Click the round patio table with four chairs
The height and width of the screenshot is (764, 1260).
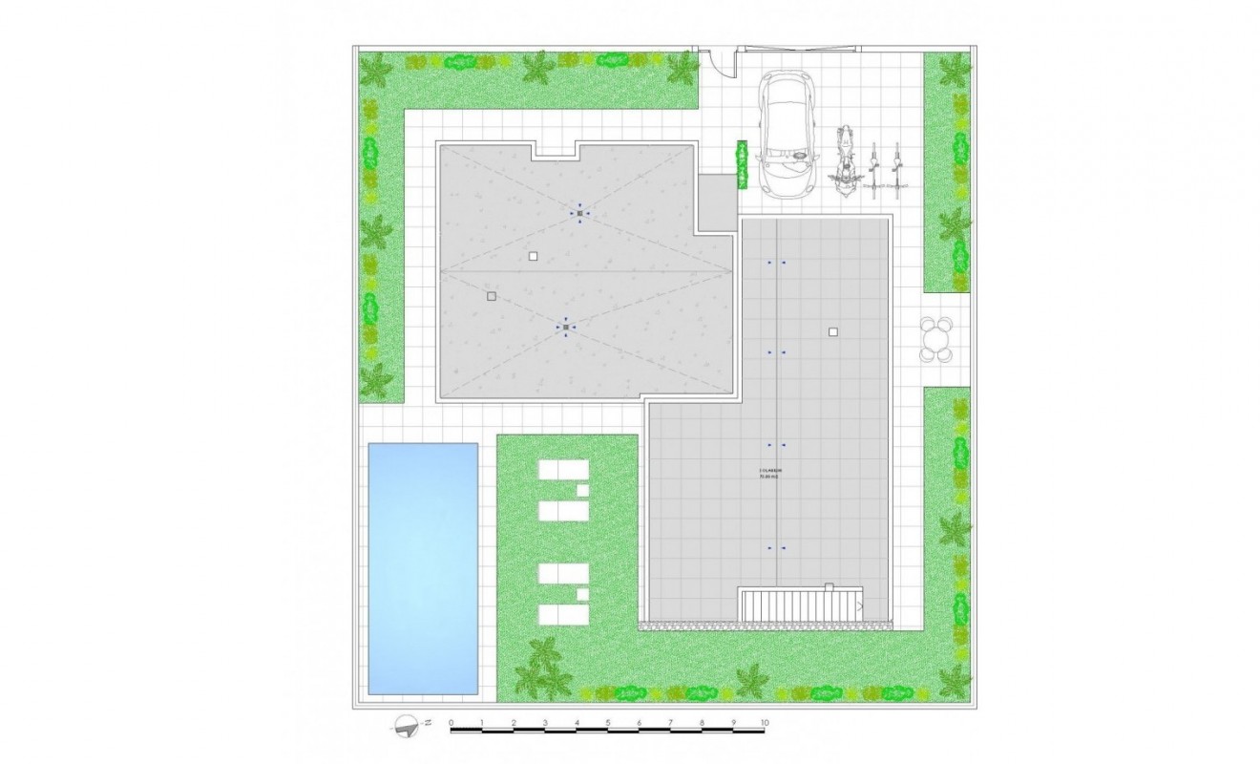coord(936,340)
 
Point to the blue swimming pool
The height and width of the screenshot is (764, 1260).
coord(424,568)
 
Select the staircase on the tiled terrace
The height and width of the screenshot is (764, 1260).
coord(800,605)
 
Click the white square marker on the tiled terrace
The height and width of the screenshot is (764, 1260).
coord(833,332)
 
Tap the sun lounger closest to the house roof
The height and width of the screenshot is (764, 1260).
coord(563,471)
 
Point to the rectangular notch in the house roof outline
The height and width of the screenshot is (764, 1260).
coord(556,150)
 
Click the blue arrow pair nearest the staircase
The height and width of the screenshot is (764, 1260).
coord(777,548)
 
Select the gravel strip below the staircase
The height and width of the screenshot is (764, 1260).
coord(764,626)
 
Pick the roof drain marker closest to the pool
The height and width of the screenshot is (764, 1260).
coord(566,328)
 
